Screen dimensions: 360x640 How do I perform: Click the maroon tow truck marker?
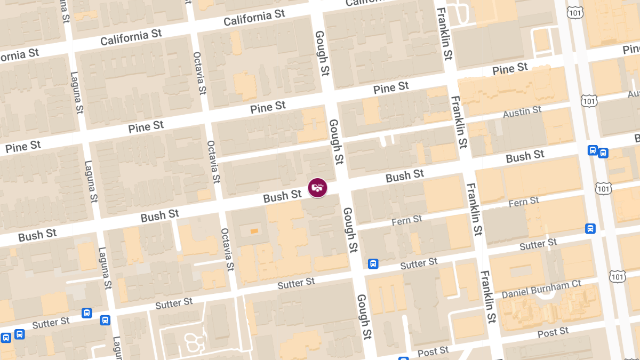(x=317, y=187)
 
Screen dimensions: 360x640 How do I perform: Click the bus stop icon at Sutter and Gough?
(x=373, y=263)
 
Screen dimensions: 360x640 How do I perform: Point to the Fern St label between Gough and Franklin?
(x=406, y=220)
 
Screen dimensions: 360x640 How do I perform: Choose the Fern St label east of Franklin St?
(x=524, y=202)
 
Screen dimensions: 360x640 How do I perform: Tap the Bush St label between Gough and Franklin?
(x=405, y=175)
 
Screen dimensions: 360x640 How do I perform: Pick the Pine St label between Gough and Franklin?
(x=391, y=87)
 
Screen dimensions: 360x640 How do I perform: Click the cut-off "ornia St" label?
(x=20, y=54)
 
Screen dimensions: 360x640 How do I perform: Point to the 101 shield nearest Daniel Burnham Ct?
(x=618, y=276)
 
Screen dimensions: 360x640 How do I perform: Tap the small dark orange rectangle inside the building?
(x=254, y=230)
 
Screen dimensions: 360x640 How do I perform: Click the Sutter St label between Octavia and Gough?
(x=296, y=283)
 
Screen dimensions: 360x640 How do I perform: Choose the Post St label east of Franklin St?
(x=553, y=333)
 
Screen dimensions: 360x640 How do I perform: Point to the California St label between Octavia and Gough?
(x=254, y=18)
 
